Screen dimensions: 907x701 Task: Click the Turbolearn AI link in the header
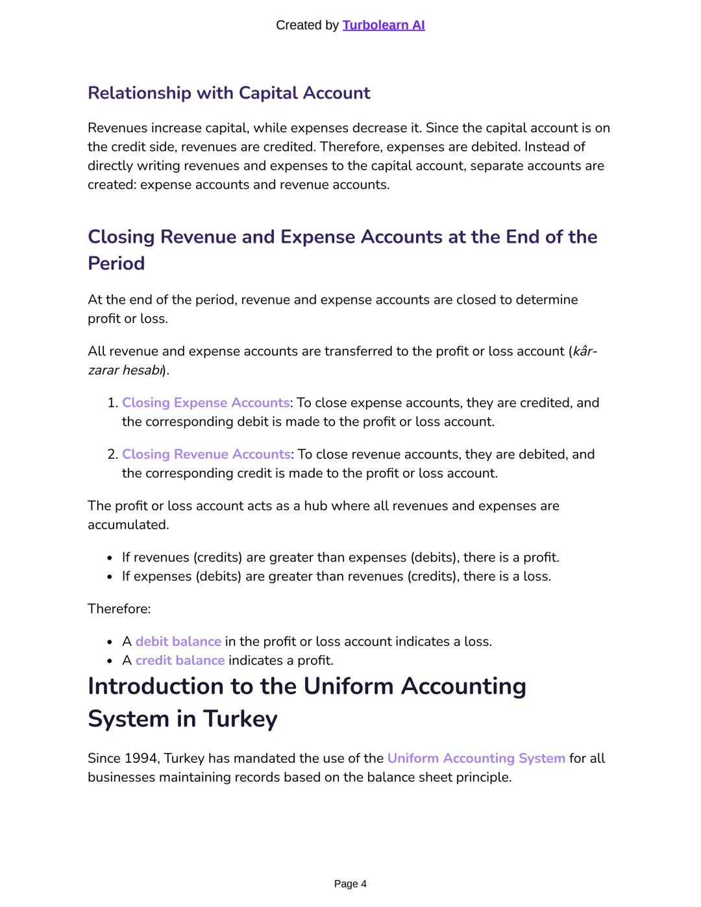(383, 25)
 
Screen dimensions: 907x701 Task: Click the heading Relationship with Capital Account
(228, 93)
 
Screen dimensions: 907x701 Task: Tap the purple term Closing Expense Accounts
(206, 403)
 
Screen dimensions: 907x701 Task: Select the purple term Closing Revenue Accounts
(206, 454)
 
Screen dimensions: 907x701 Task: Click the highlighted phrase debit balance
(178, 641)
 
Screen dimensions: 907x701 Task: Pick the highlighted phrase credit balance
(180, 660)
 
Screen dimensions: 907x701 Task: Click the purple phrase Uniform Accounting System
(476, 758)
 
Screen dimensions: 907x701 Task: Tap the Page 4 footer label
(350, 884)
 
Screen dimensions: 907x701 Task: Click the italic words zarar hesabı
(125, 370)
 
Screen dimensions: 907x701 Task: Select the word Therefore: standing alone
(119, 609)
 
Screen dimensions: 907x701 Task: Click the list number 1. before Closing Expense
(112, 403)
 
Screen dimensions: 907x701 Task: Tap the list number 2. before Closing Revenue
(112, 454)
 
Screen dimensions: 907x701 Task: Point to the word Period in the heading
(116, 264)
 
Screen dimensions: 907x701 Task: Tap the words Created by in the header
(307, 25)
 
